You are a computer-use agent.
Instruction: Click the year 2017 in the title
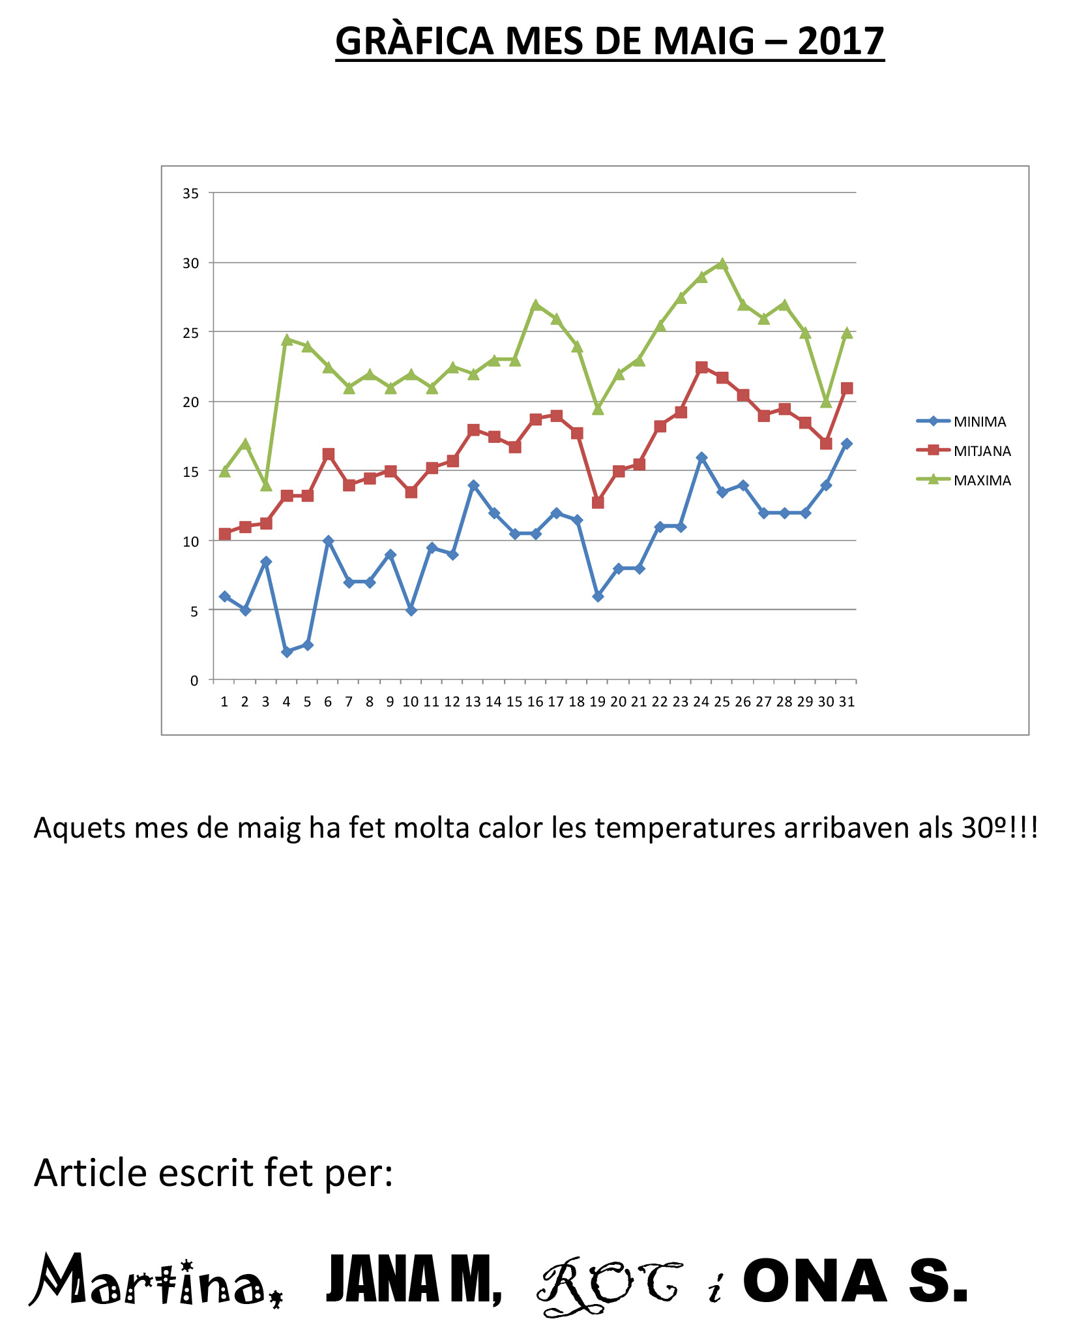[840, 41]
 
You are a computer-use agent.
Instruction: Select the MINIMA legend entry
[979, 422]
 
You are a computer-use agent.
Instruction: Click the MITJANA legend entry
[982, 451]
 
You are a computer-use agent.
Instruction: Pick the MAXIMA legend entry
[982, 481]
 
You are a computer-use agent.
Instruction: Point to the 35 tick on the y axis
[190, 194]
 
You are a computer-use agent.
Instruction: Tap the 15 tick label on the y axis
[190, 472]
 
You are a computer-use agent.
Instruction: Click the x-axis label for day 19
[597, 702]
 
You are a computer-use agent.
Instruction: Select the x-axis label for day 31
[846, 702]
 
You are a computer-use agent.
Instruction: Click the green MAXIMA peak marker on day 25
[722, 264]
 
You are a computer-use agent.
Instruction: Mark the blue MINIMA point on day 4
[287, 652]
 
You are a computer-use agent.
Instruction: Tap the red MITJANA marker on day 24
[701, 367]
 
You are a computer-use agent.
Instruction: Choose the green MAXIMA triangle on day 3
[266, 485]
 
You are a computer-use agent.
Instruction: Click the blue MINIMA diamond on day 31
[846, 444]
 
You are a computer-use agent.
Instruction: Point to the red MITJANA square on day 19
[598, 502]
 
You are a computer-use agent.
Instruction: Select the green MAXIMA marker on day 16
[535, 305]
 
